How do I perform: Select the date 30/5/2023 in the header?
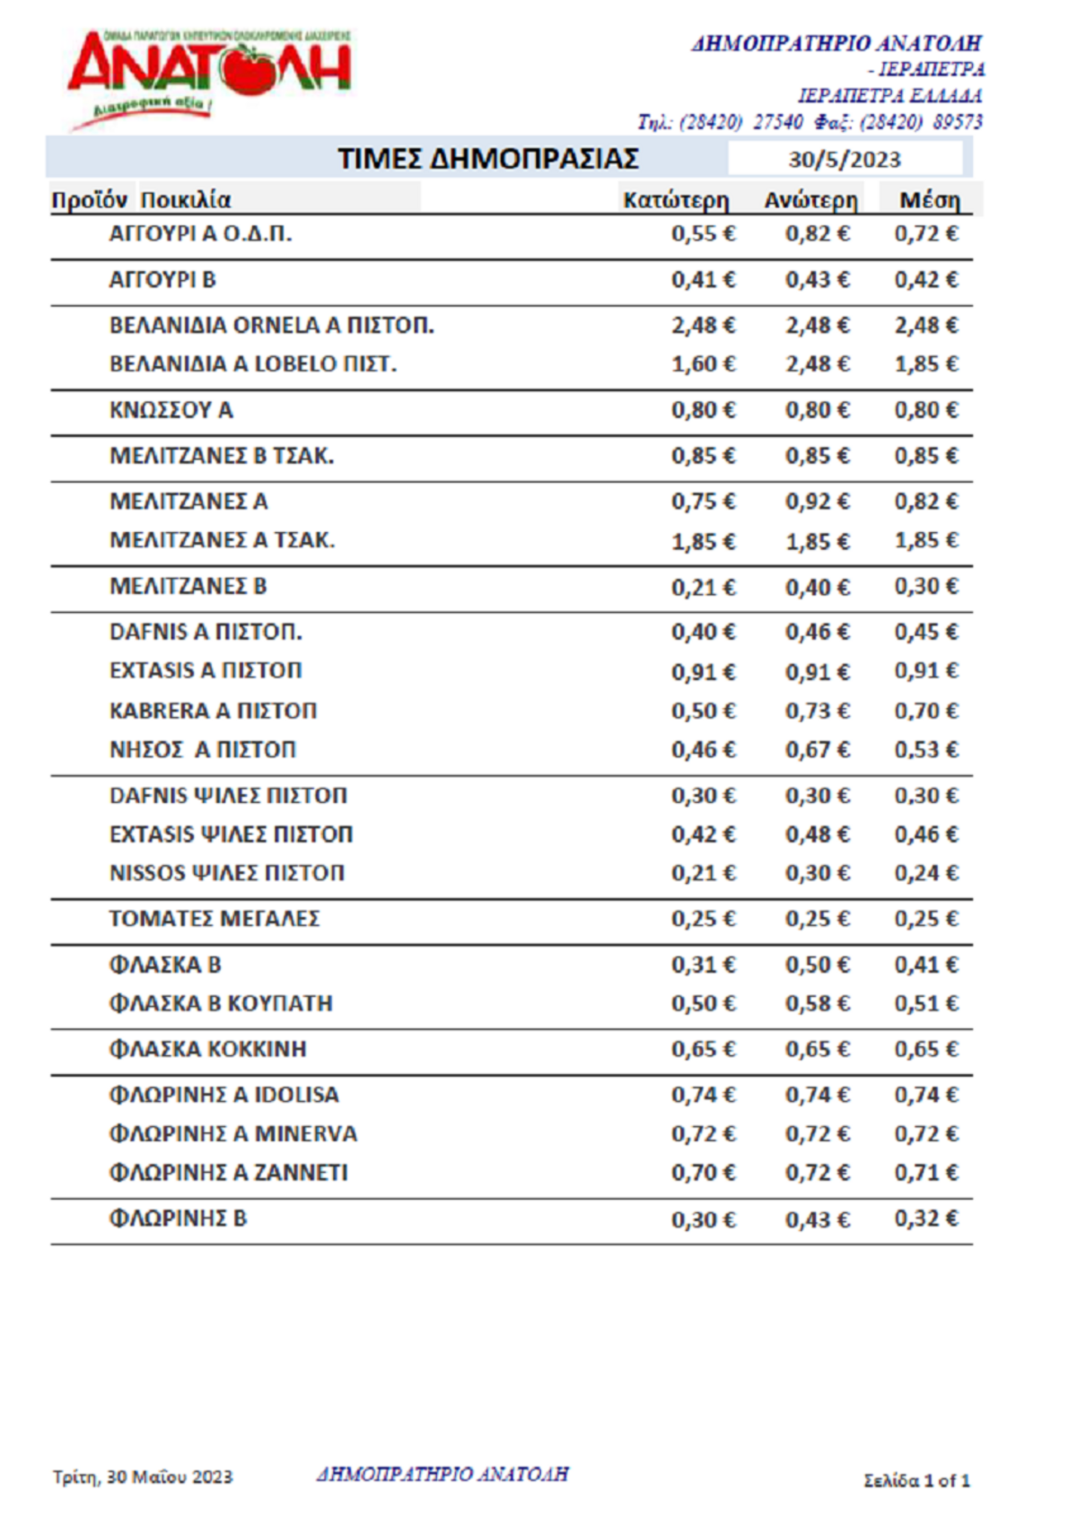(844, 160)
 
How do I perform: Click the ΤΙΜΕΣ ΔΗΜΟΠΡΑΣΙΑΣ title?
(488, 159)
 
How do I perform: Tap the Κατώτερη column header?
(676, 200)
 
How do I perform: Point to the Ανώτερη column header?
(810, 200)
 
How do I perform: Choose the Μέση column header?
(929, 200)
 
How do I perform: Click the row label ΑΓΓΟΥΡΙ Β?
(162, 280)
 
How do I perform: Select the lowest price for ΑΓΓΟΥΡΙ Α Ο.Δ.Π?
(703, 234)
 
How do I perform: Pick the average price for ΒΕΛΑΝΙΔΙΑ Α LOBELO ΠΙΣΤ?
(925, 364)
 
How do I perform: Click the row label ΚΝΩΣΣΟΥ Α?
(171, 410)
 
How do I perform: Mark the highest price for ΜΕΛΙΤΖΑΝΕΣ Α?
(817, 502)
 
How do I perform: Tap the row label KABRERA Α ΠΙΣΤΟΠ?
(213, 711)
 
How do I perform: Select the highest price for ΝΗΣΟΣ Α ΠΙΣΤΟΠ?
(817, 749)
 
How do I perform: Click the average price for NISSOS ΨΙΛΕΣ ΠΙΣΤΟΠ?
(925, 873)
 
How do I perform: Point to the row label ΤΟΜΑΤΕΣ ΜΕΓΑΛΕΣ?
(215, 919)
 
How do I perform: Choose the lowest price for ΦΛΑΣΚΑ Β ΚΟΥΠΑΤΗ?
(703, 1003)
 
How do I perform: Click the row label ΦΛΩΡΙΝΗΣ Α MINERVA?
(232, 1134)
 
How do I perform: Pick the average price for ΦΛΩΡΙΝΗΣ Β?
(925, 1219)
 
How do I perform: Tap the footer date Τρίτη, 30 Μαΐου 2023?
(143, 1477)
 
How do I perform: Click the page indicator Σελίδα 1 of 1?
(916, 1481)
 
